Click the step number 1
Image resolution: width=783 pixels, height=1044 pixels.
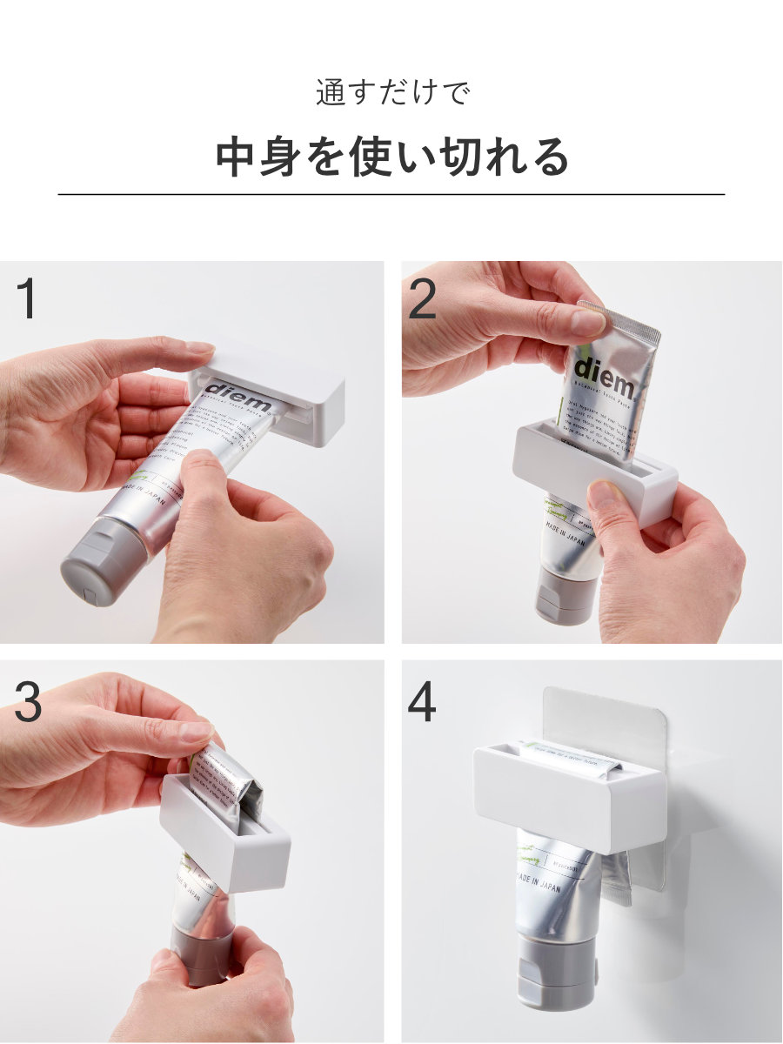coord(27,298)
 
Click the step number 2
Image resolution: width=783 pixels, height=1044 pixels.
coord(422,299)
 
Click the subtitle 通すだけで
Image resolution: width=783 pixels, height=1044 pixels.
coord(391,92)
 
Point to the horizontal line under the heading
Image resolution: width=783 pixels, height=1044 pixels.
coord(391,194)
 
